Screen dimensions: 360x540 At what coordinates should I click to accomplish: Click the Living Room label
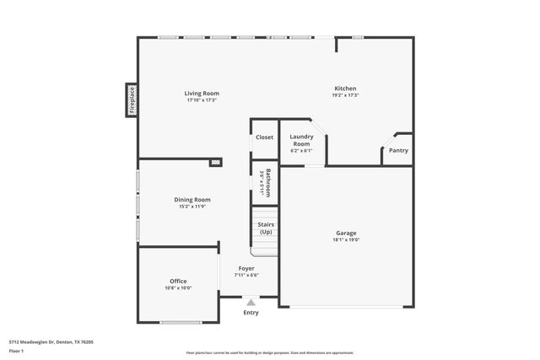tap(202, 93)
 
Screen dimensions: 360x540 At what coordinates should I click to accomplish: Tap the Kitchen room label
tap(345, 89)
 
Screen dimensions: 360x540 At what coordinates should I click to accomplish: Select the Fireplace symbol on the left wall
tap(132, 99)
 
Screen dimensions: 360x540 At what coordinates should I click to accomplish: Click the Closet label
tap(264, 137)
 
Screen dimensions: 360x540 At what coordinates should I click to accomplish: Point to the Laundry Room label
tap(301, 140)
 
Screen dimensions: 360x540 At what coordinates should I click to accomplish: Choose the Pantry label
tap(398, 151)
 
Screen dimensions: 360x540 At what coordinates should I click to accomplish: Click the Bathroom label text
tap(267, 182)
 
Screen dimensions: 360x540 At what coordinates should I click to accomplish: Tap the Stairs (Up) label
tap(266, 228)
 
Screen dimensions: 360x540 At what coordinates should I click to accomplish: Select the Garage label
tap(346, 232)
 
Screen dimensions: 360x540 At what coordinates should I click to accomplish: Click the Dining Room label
tap(192, 199)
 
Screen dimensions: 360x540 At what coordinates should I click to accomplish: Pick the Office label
tap(177, 281)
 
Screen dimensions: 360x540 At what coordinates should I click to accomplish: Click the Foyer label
tap(246, 268)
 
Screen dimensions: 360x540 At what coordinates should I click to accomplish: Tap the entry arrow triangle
tap(251, 301)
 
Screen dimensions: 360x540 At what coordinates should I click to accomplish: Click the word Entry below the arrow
tap(251, 313)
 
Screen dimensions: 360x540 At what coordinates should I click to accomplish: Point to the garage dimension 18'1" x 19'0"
tap(346, 239)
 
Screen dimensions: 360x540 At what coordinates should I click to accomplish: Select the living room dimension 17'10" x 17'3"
tap(202, 100)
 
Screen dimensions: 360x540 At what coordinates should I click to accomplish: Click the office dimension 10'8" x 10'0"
tap(177, 288)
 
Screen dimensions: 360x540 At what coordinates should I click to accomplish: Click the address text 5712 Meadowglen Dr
tap(51, 341)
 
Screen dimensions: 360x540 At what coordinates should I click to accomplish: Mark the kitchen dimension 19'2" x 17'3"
tap(345, 95)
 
